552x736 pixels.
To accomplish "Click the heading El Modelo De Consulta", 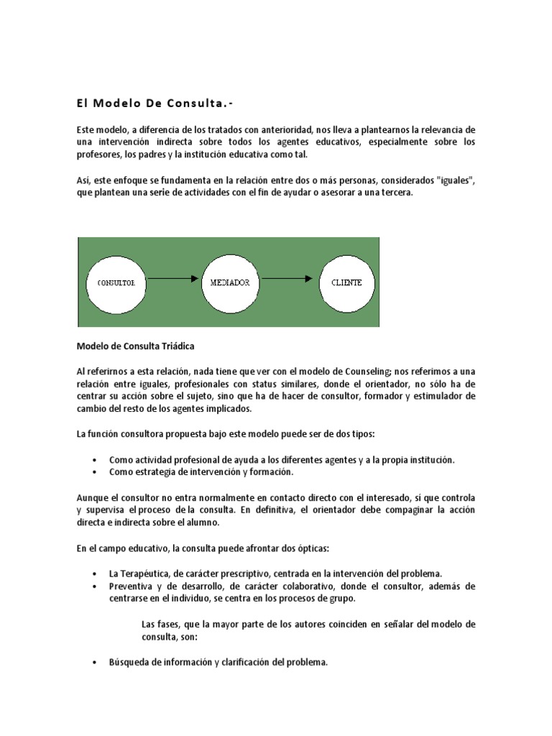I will pyautogui.click(x=148, y=103).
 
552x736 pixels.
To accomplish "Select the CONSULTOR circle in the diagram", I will pyautogui.click(x=116, y=282).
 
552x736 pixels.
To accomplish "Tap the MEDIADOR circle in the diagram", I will pyautogui.click(x=230, y=282).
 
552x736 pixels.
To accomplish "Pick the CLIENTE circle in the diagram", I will pyautogui.click(x=346, y=282).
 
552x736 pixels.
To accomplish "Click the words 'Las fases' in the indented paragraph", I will pyautogui.click(x=160, y=625).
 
